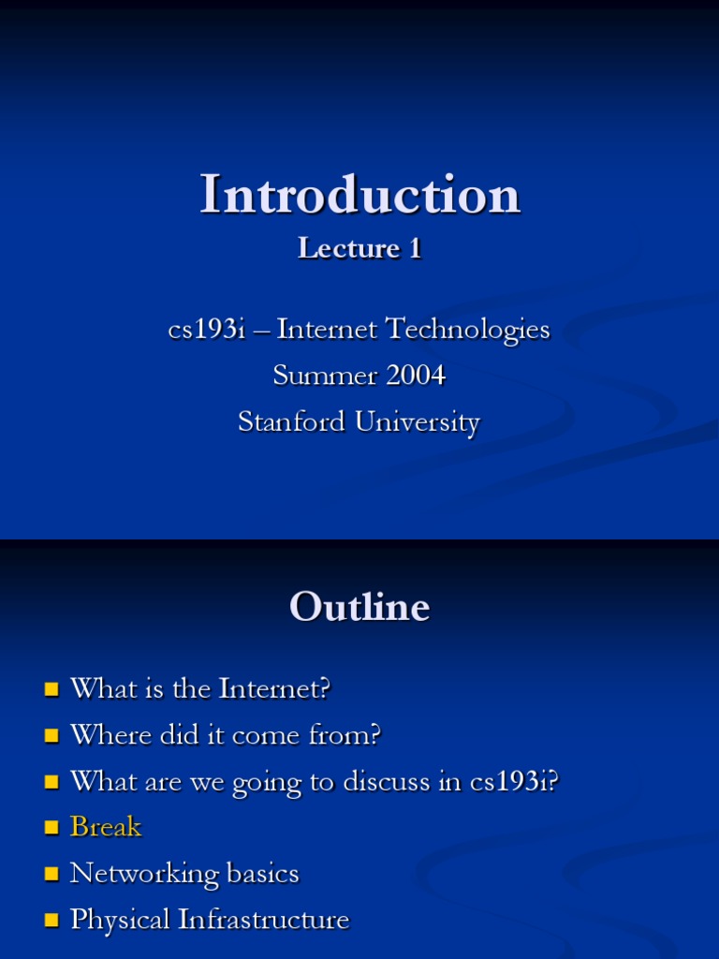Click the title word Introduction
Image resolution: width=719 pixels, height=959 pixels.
point(359,195)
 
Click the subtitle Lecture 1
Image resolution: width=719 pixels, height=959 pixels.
point(359,248)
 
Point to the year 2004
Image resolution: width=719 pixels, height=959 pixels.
point(411,376)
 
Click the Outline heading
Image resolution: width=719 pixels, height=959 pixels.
point(359,607)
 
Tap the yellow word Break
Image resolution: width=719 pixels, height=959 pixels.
point(106,827)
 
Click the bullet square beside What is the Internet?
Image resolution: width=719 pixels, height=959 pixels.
point(51,691)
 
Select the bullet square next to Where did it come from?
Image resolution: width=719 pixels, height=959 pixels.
point(51,737)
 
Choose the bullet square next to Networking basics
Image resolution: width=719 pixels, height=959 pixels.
point(51,875)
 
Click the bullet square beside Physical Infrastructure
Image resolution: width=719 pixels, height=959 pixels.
point(51,921)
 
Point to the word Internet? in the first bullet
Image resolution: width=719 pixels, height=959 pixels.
point(275,689)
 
